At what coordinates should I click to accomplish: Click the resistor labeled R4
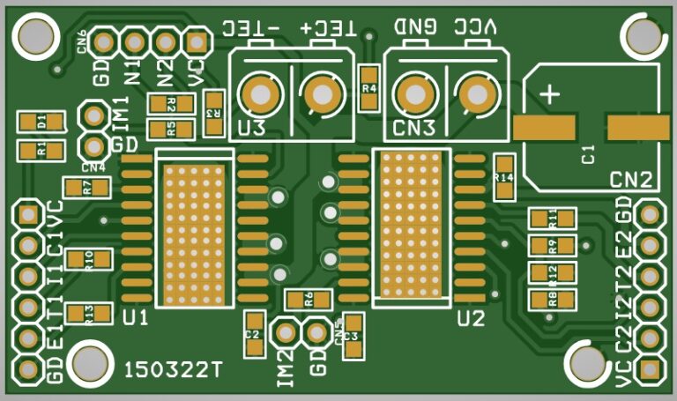[369, 88]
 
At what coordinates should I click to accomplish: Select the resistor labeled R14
[504, 177]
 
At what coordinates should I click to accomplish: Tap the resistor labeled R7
[86, 187]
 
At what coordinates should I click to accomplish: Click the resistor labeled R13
[88, 313]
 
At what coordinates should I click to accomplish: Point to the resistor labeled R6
[309, 299]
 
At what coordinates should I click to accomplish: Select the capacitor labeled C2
[254, 334]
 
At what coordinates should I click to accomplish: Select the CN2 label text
[631, 182]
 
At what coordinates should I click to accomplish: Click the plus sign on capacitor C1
[551, 93]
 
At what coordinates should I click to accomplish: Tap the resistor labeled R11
[552, 217]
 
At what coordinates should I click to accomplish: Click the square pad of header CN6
[196, 41]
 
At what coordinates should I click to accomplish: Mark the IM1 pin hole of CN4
[93, 115]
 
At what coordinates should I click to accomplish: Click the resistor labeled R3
[212, 114]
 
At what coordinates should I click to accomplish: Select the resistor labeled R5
[171, 130]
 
